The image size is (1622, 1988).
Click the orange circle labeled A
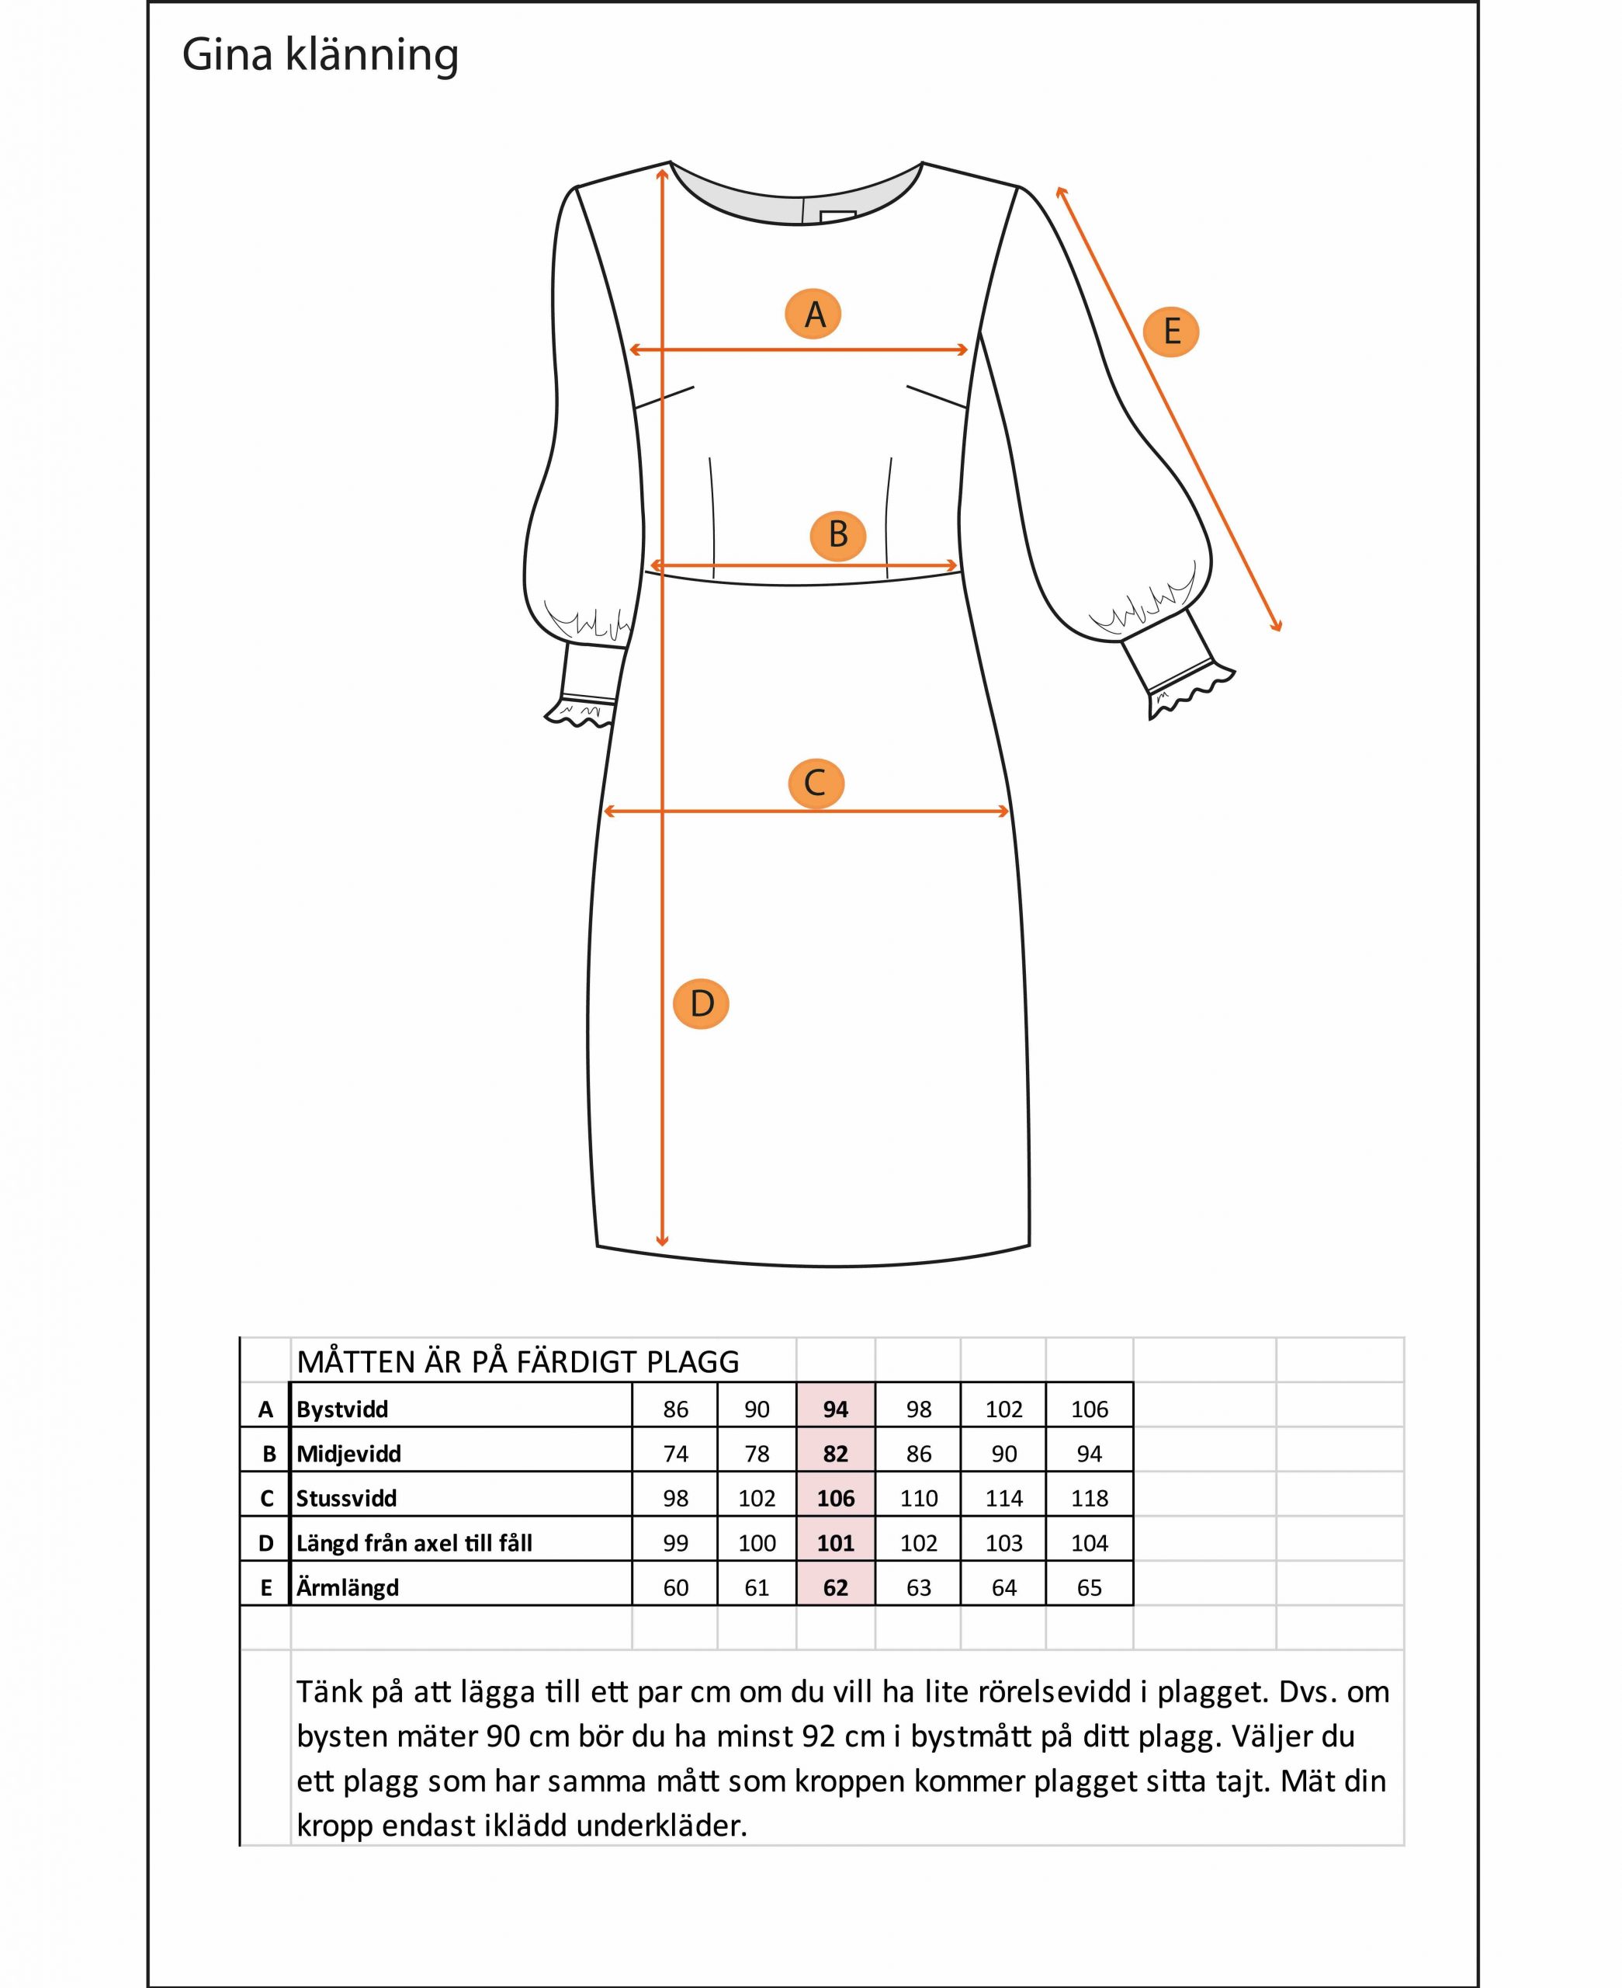tap(813, 314)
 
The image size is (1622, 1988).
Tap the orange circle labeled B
tap(838, 534)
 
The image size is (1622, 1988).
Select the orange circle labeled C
tap(816, 784)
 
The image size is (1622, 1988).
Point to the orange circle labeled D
tap(701, 1004)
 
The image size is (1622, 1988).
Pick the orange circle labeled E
tap(1171, 332)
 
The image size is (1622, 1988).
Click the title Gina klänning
tap(321, 55)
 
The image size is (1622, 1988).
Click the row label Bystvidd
tap(342, 1409)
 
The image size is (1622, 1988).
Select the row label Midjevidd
tap(348, 1455)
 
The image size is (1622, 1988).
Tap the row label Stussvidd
tap(347, 1498)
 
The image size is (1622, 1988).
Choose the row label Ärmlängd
tap(348, 1588)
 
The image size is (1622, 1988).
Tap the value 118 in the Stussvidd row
tap(1090, 1498)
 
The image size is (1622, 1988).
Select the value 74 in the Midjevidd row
tap(675, 1455)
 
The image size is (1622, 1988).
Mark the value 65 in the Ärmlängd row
tap(1090, 1588)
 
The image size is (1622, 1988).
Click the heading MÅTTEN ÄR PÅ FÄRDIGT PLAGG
tap(518, 1363)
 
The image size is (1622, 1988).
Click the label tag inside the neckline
tap(838, 217)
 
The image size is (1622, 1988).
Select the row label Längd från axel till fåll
tap(414, 1543)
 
